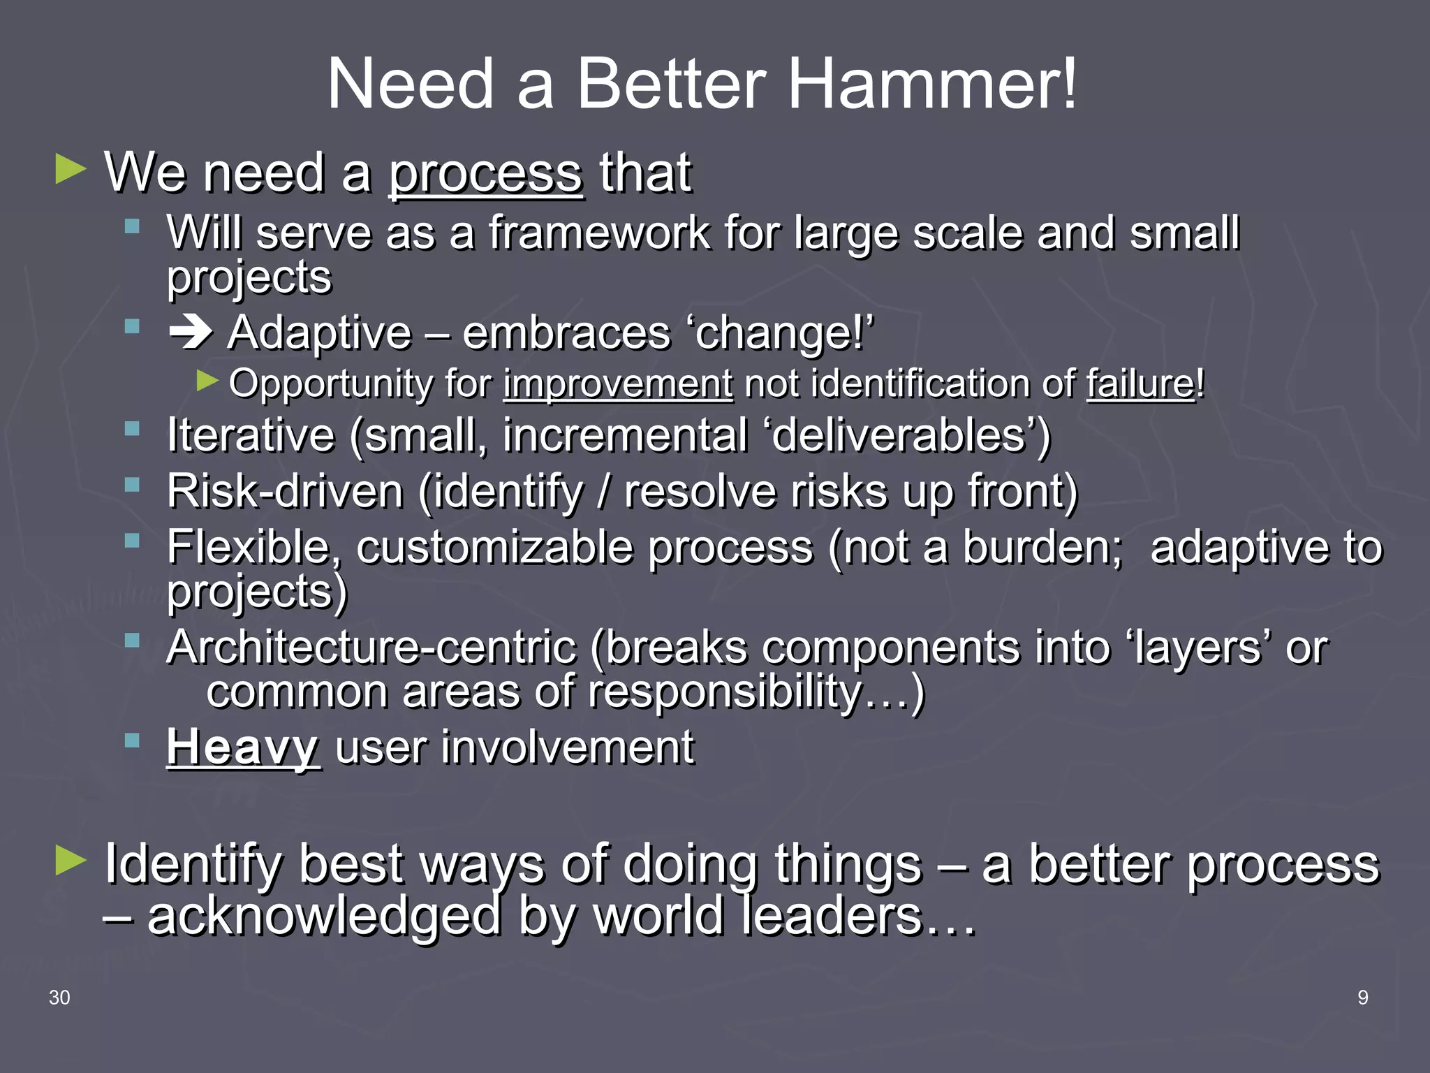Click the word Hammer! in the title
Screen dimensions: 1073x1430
933,85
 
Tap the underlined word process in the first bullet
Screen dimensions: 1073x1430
485,173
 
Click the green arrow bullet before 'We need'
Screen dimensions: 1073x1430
71,170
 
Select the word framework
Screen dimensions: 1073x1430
598,233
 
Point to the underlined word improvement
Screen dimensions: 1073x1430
618,384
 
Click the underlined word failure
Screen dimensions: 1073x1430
1140,384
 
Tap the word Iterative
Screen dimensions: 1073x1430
251,436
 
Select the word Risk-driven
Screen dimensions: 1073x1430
285,492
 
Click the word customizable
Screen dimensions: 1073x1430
584,547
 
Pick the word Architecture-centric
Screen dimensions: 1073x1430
371,648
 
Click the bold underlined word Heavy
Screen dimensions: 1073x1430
243,747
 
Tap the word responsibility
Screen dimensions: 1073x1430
724,692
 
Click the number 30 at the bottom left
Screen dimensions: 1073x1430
59,998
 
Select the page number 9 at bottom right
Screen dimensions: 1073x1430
1362,998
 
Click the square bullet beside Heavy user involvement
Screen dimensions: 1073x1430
132,740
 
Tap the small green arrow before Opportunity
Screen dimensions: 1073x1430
207,381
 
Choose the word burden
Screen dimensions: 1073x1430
1042,547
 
